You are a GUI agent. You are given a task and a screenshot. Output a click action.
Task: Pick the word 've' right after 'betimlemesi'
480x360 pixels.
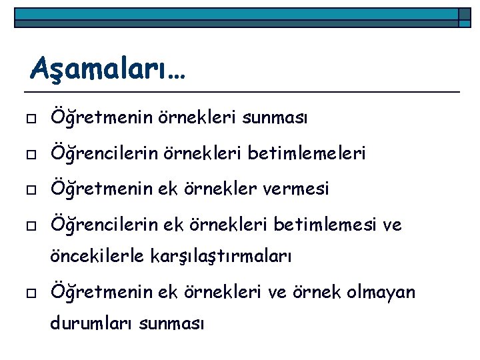391,225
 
